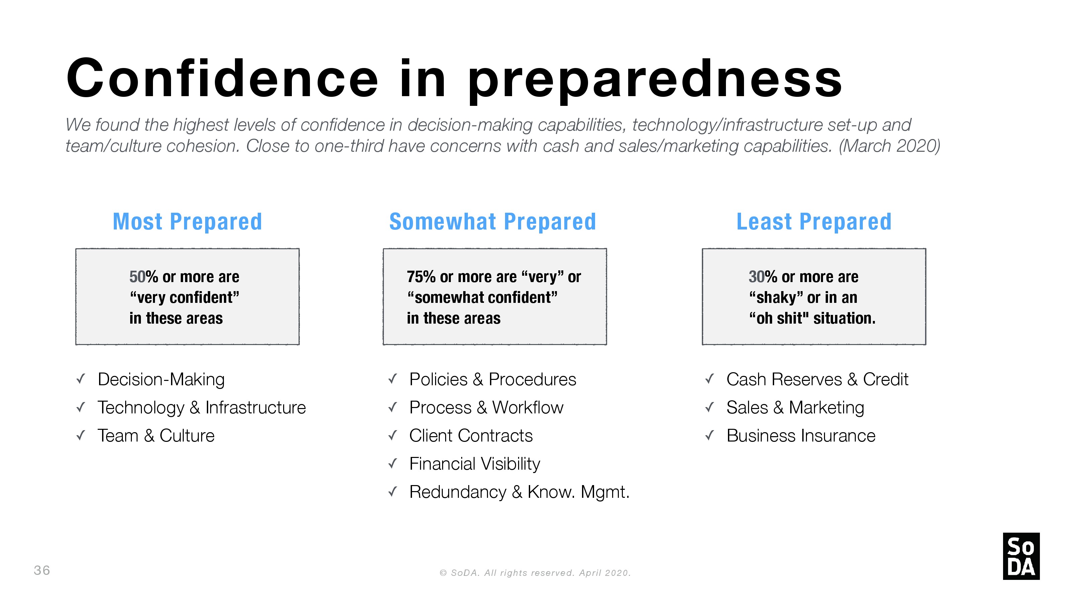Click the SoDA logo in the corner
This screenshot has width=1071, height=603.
(1021, 556)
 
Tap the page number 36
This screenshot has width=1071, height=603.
(42, 570)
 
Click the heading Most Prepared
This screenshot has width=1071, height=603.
(187, 221)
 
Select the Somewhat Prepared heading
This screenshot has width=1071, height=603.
(493, 221)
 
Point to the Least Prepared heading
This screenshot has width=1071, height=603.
(814, 221)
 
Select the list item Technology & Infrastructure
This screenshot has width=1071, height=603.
(201, 408)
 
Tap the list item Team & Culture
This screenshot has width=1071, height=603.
(156, 436)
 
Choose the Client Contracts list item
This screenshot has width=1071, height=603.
(471, 436)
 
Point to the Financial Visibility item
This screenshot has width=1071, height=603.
(475, 464)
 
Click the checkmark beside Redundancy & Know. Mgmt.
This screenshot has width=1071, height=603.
(393, 492)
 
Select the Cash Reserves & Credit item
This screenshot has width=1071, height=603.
(817, 380)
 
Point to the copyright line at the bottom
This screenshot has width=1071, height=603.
(535, 573)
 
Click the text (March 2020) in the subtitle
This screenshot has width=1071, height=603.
(889, 146)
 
